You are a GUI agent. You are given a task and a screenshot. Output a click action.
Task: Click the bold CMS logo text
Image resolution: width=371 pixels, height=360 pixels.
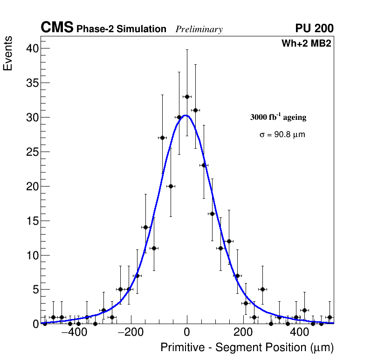point(57,28)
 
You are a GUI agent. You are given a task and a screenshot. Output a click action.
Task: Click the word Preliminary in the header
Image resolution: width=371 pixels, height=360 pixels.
point(199,29)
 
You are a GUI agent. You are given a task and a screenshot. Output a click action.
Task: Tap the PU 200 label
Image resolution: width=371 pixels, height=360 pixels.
point(314,28)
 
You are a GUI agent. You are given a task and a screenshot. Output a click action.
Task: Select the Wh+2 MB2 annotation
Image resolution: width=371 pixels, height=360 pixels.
point(306,44)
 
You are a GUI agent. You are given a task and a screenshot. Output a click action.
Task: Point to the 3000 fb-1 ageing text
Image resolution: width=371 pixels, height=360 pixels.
point(278,117)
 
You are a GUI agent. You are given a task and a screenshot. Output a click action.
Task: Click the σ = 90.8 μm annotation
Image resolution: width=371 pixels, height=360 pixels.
point(282,135)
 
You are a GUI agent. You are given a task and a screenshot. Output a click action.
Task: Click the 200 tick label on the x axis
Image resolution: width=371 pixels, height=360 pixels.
point(243,333)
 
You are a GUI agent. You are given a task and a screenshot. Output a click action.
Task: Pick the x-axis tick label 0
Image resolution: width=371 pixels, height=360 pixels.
point(187,333)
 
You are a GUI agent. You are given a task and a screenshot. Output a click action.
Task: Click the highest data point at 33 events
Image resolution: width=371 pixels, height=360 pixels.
point(187,97)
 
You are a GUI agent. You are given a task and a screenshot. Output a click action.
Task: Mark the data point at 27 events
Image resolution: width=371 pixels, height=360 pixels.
point(162,138)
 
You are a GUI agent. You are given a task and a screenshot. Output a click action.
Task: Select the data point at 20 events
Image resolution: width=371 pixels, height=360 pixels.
point(171,186)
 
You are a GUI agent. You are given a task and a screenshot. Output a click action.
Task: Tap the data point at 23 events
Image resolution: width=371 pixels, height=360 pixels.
point(204,165)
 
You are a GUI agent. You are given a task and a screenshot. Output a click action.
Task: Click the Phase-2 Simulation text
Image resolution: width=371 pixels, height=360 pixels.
point(121,29)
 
